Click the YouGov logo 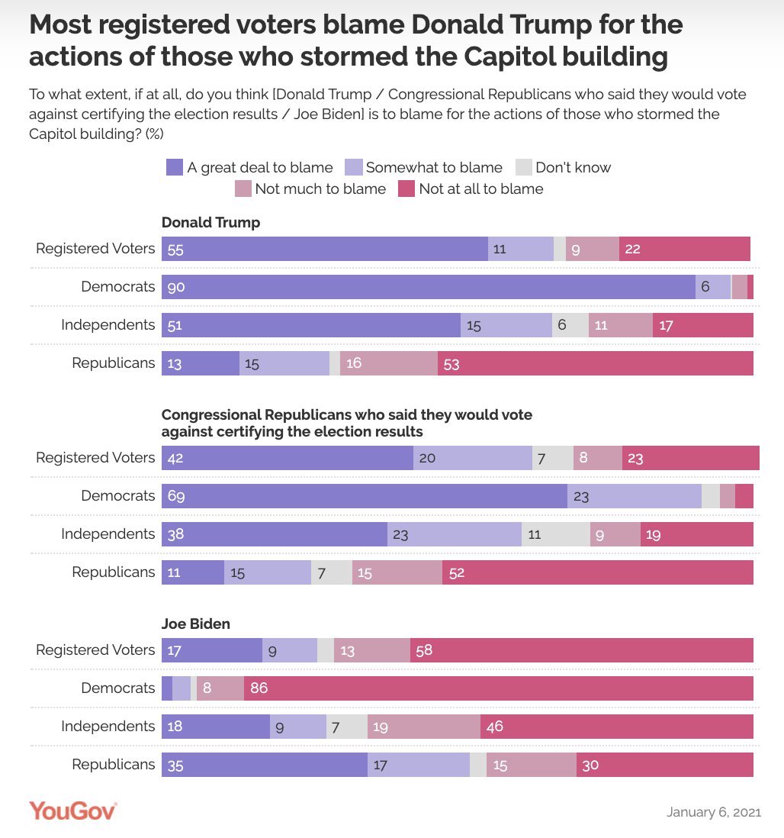(x=73, y=810)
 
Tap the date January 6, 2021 (x=713, y=811)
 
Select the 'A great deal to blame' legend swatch (x=175, y=167)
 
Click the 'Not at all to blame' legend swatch (x=406, y=189)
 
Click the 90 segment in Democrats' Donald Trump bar (x=428, y=287)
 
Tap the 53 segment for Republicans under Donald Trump (x=595, y=363)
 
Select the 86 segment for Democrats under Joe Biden (x=498, y=688)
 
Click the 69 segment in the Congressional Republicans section (x=364, y=496)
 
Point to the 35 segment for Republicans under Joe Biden (x=264, y=765)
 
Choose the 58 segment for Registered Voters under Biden (x=581, y=650)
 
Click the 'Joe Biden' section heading (x=196, y=624)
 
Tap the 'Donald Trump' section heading (x=210, y=223)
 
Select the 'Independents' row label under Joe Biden (x=108, y=727)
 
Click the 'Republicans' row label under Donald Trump (x=114, y=363)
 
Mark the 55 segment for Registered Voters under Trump (x=324, y=249)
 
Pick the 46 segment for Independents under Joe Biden (x=616, y=727)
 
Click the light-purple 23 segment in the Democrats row (x=634, y=496)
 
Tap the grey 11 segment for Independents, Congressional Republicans (x=555, y=534)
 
